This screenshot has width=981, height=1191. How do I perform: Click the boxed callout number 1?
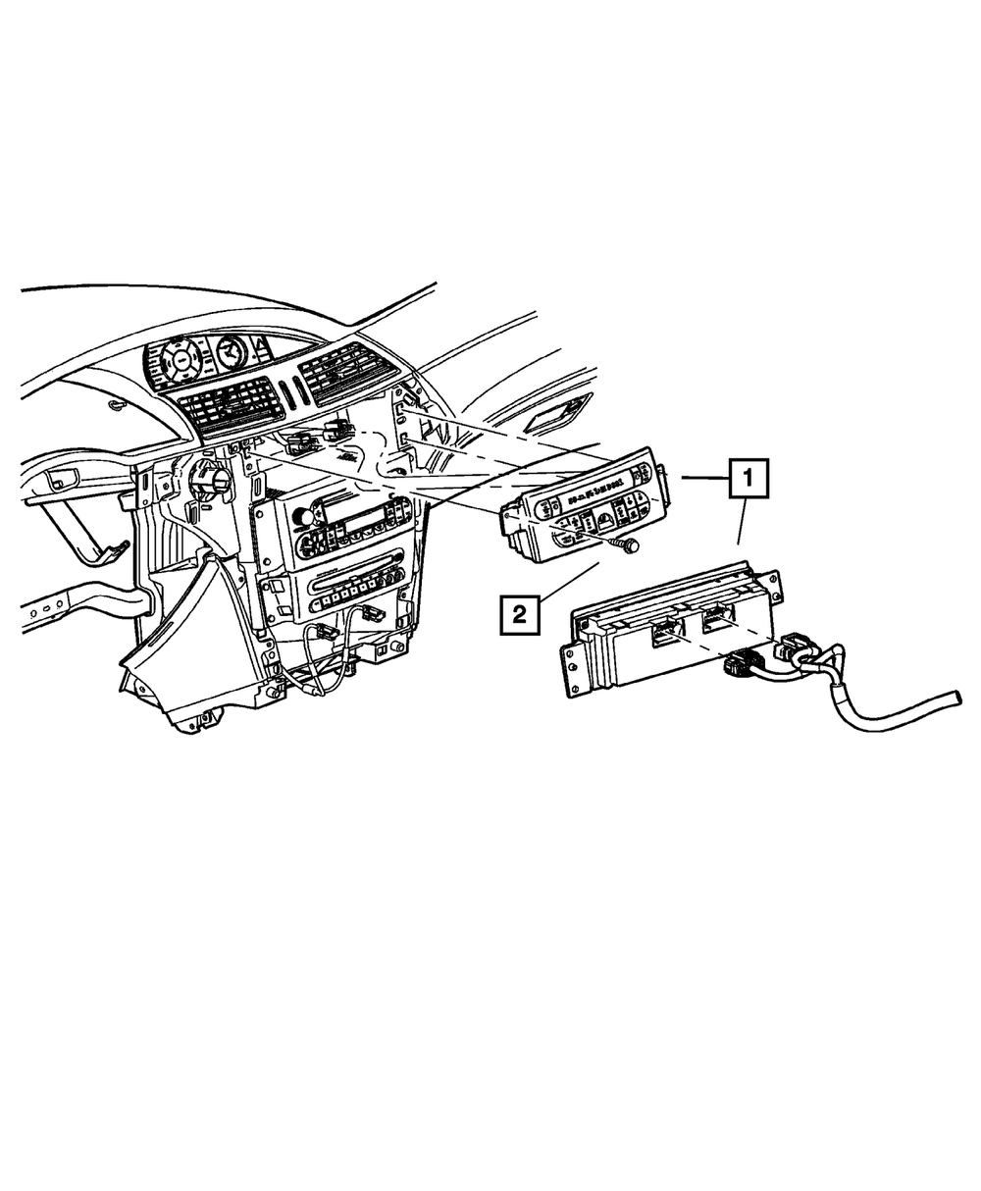749,480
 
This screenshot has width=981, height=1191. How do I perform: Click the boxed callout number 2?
519,615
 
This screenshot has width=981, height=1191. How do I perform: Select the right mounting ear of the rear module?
775,585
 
